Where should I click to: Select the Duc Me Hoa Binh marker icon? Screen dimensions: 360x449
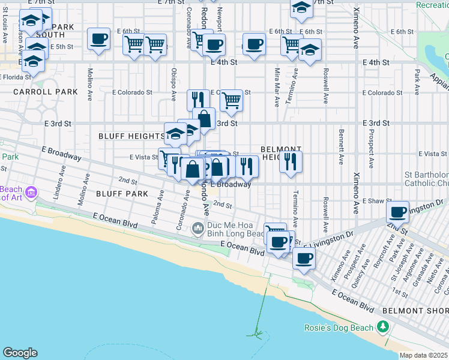click(x=197, y=229)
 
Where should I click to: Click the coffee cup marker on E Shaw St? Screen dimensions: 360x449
click(x=397, y=212)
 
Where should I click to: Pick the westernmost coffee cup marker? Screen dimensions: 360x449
click(x=98, y=39)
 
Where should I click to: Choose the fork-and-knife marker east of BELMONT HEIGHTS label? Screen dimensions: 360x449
click(x=291, y=162)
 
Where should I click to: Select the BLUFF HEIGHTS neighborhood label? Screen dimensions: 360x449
click(x=130, y=136)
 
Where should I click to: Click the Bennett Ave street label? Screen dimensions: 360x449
click(x=341, y=139)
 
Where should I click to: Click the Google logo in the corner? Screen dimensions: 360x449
click(x=20, y=353)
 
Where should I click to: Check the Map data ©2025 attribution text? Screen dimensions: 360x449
click(x=423, y=356)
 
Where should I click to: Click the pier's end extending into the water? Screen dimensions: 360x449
click(x=258, y=334)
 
